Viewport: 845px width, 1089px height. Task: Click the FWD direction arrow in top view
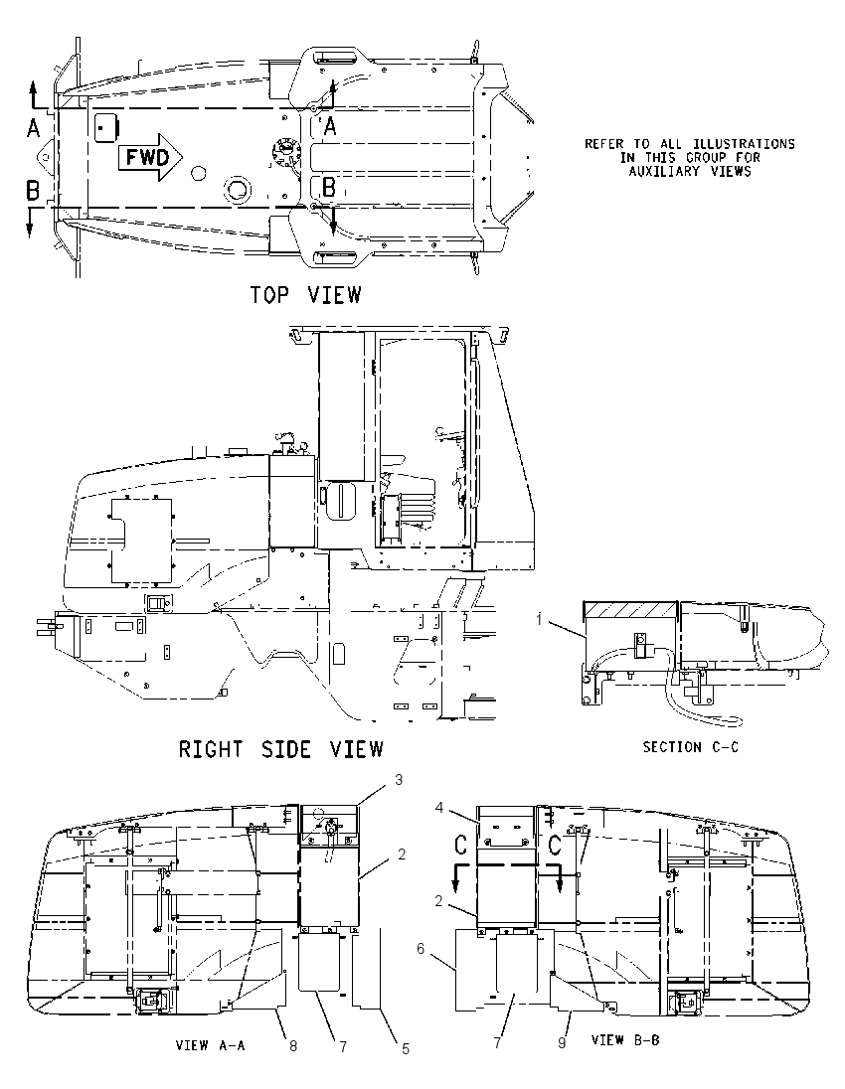pyautogui.click(x=149, y=158)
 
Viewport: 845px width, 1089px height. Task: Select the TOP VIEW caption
pyautogui.click(x=306, y=295)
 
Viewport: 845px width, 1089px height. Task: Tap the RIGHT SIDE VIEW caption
pyautogui.click(x=280, y=749)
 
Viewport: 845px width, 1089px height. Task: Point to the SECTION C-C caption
pyautogui.click(x=690, y=747)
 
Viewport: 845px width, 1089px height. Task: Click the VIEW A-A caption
pyautogui.click(x=210, y=1045)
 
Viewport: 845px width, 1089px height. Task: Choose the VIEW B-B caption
pyautogui.click(x=624, y=1039)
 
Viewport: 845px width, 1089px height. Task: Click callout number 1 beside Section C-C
pyautogui.click(x=539, y=619)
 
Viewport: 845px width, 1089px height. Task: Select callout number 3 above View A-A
pyautogui.click(x=399, y=780)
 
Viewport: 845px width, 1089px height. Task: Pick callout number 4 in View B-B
pyautogui.click(x=439, y=807)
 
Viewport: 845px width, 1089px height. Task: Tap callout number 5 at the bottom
pyautogui.click(x=406, y=1049)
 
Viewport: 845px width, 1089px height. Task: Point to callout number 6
pyautogui.click(x=422, y=948)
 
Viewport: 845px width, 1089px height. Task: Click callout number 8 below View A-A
pyautogui.click(x=293, y=1046)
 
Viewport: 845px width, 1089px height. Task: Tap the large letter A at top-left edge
pyautogui.click(x=33, y=127)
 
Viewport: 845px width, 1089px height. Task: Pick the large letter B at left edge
pyautogui.click(x=33, y=190)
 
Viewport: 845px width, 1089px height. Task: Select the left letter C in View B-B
pyautogui.click(x=460, y=846)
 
